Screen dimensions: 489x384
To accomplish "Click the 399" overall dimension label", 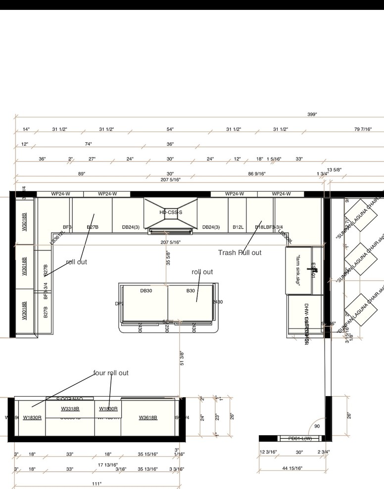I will click(x=312, y=114).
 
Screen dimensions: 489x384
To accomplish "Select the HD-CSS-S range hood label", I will click(x=171, y=212).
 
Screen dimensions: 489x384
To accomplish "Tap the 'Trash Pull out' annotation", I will click(x=240, y=252).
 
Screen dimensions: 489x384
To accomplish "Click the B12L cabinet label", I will click(x=238, y=227).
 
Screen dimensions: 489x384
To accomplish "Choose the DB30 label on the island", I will click(x=146, y=291).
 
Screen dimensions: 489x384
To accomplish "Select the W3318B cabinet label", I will click(x=70, y=409).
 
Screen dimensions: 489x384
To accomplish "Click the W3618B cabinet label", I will click(x=148, y=417).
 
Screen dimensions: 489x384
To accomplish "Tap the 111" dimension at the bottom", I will click(x=96, y=484).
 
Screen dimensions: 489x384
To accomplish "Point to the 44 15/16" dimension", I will click(x=292, y=468).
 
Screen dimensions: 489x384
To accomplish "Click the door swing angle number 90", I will click(x=317, y=426).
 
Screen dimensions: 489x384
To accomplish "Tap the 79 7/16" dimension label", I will click(x=363, y=129).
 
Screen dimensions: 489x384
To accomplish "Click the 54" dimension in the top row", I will click(x=170, y=129).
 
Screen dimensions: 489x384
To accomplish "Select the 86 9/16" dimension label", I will click(x=257, y=174).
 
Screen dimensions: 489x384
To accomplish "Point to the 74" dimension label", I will click(x=88, y=144).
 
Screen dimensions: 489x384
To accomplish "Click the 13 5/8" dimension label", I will click(x=334, y=169).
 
